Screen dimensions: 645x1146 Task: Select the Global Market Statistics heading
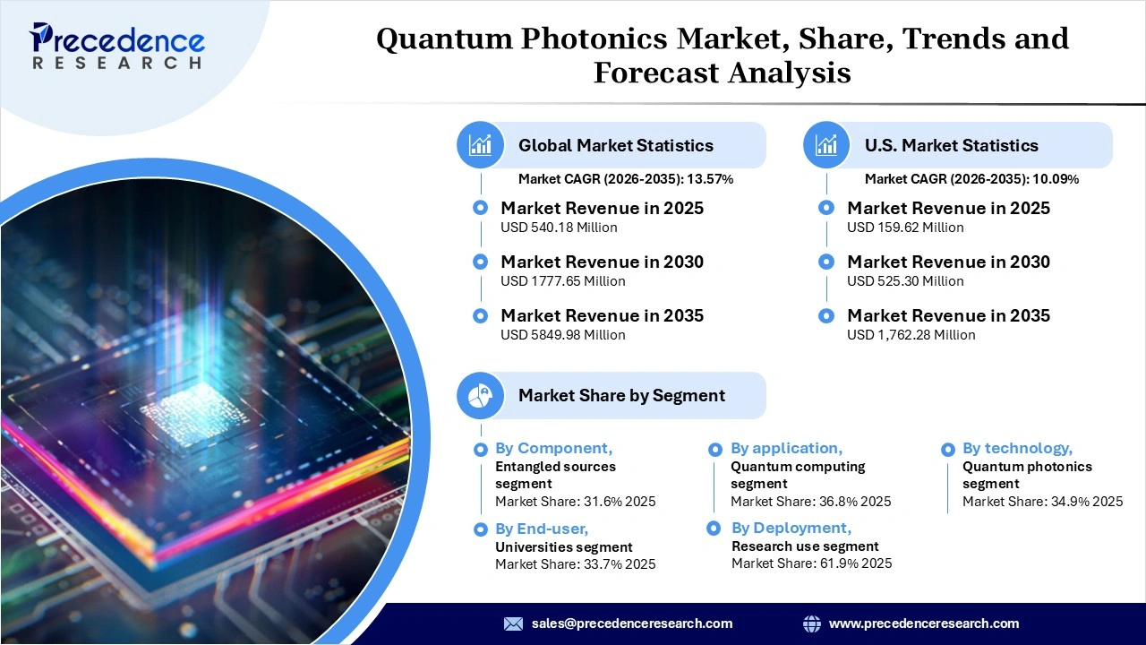tap(616, 145)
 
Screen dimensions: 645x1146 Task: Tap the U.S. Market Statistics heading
tap(951, 145)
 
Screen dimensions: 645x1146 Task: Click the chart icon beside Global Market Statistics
tap(481, 145)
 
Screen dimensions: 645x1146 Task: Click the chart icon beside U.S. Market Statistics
tap(826, 145)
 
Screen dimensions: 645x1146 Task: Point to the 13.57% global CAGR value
tap(710, 179)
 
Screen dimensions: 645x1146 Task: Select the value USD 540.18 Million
tap(559, 228)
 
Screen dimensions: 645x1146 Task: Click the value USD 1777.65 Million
tap(562, 281)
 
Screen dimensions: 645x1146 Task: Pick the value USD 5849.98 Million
tap(562, 335)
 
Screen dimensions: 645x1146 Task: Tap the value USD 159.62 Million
tap(905, 228)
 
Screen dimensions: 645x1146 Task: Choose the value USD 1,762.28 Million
tap(911, 335)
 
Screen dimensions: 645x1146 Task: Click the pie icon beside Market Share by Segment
tap(481, 395)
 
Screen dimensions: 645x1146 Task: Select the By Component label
tap(553, 448)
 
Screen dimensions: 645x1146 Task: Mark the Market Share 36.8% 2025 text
tap(810, 502)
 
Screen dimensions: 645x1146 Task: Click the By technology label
tap(1017, 448)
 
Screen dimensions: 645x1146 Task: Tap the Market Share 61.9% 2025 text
tap(811, 563)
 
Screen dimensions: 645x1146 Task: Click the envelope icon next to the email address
tap(513, 623)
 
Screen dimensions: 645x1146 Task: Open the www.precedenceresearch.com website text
tap(923, 623)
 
